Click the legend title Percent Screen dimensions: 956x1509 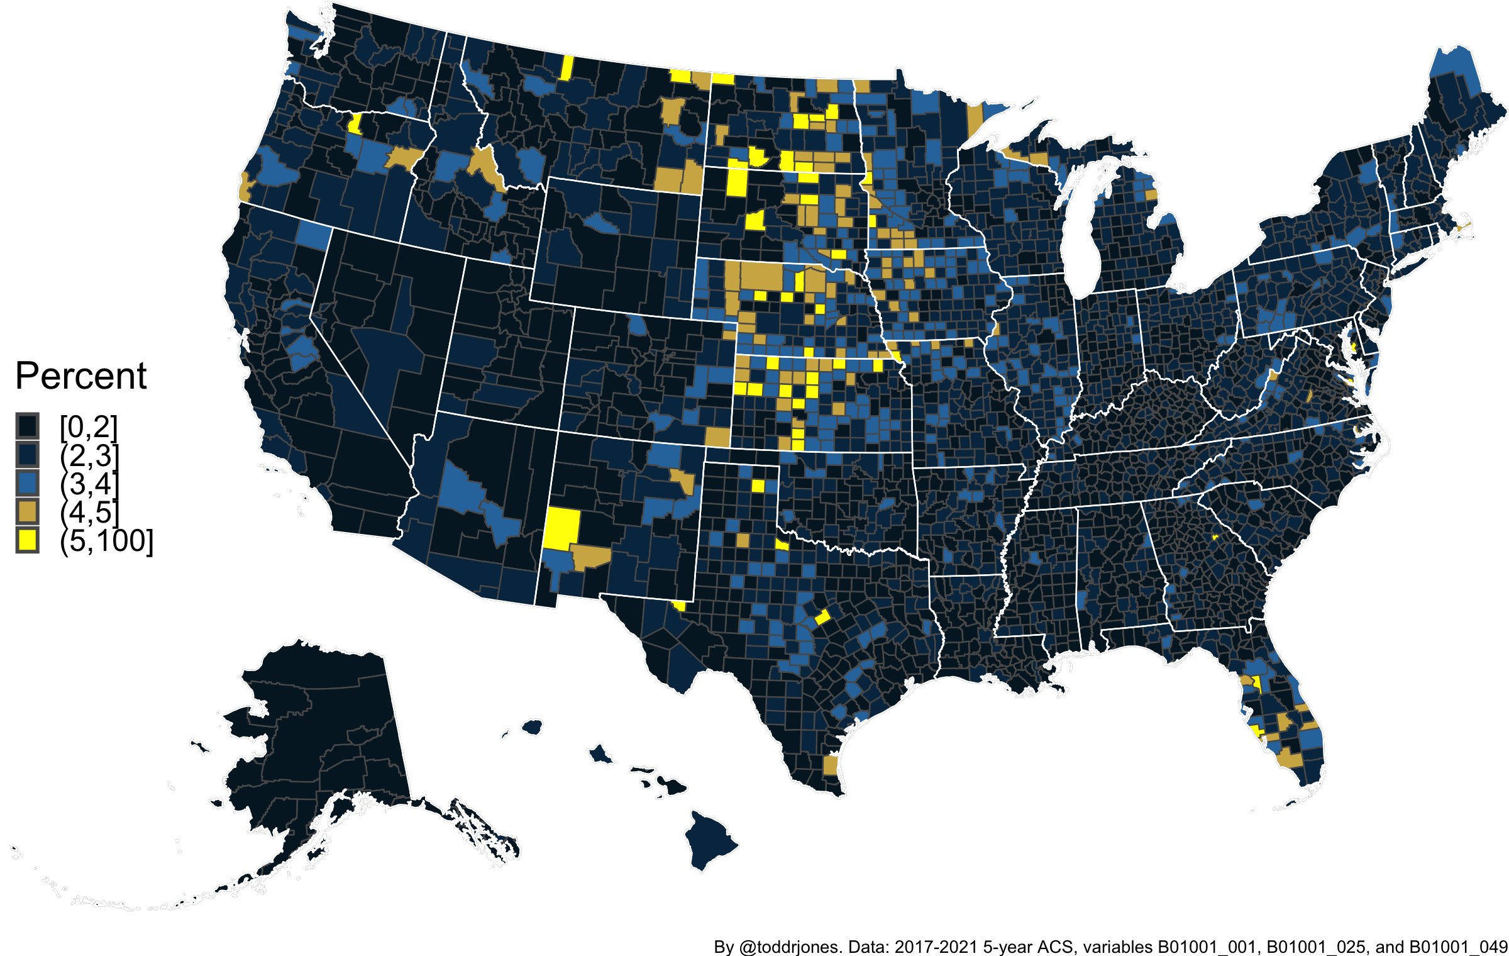coord(80,376)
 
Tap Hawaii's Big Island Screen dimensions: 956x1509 coord(710,840)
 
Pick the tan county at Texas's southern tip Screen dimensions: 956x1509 coord(830,765)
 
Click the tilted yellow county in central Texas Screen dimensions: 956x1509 coord(822,616)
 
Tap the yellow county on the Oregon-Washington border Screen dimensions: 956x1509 coord(355,123)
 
